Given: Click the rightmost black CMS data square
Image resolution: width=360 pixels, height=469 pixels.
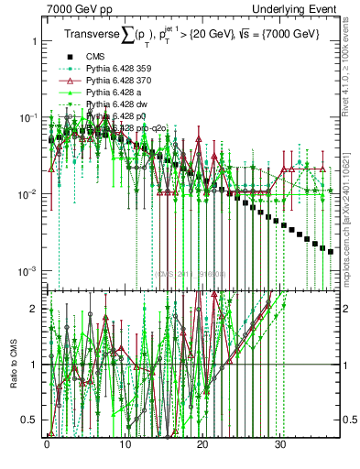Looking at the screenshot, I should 331,250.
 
